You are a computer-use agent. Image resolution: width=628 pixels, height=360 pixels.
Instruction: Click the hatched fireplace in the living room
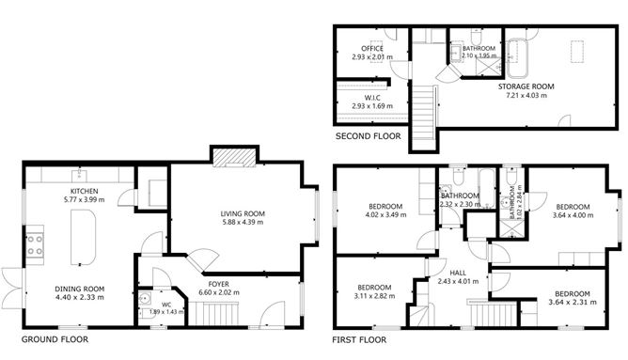[233, 157]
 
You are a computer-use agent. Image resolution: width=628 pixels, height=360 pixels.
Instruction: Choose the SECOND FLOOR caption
[368, 136]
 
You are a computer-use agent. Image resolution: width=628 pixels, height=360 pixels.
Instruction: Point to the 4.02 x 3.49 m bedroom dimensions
[385, 214]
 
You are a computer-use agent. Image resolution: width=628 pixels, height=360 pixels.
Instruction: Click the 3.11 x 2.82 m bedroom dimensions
[373, 295]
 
